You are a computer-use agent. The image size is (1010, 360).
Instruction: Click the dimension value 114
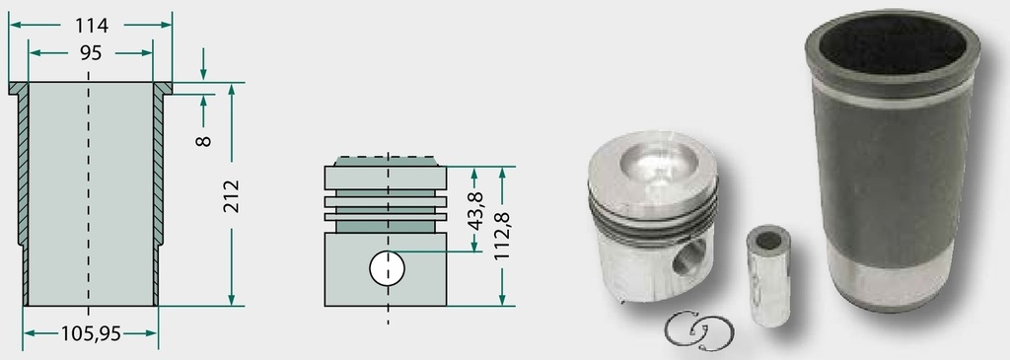pyautogui.click(x=92, y=26)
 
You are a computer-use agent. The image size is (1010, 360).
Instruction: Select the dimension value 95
pyautogui.click(x=91, y=53)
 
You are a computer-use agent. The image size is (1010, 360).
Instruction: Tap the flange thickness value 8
pyautogui.click(x=203, y=140)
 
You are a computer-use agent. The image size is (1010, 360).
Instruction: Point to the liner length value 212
pyautogui.click(x=231, y=195)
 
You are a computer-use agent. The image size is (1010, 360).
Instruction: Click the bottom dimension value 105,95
pyautogui.click(x=91, y=333)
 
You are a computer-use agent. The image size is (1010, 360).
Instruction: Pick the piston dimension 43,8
pyautogui.click(x=475, y=211)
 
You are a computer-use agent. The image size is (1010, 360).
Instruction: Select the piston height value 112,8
pyautogui.click(x=502, y=237)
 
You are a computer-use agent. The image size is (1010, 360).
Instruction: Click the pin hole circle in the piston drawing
pyautogui.click(x=387, y=268)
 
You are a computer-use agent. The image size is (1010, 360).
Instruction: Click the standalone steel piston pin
pyautogui.click(x=767, y=275)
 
